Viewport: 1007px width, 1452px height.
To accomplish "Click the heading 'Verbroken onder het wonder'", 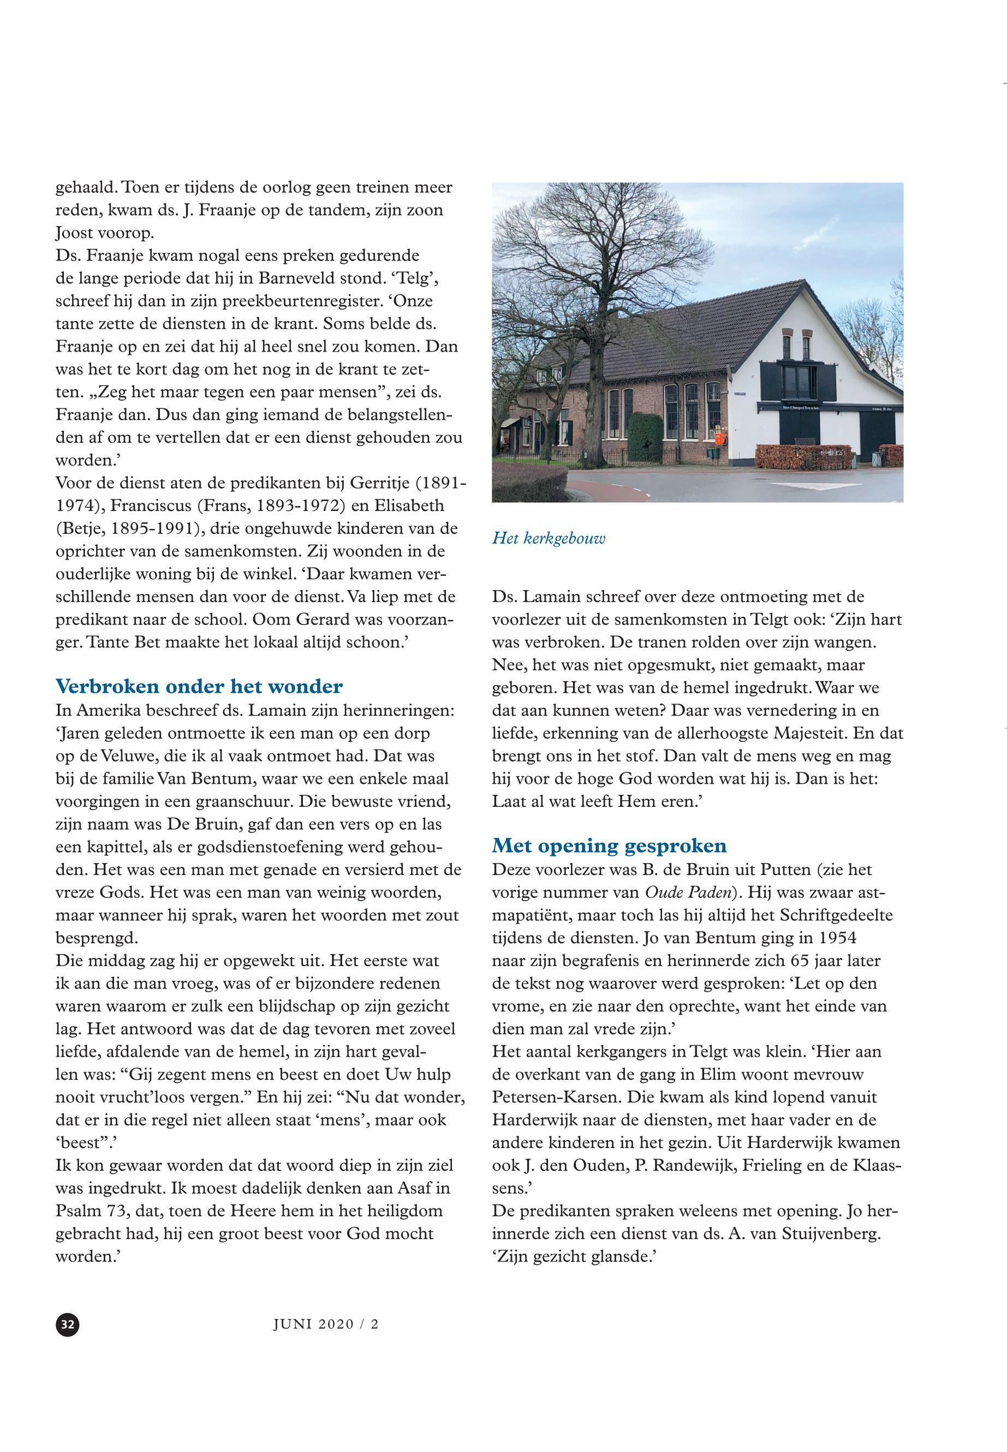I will click(x=199, y=686).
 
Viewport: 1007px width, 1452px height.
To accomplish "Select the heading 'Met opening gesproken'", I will click(x=609, y=845).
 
